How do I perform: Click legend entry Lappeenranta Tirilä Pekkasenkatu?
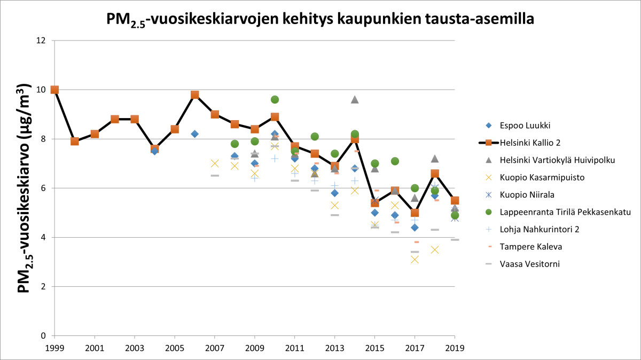click(541, 212)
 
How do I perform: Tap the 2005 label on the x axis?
click(175, 347)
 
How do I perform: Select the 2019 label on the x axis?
click(455, 347)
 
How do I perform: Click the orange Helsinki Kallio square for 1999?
click(54, 90)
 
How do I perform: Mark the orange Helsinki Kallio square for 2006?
click(195, 95)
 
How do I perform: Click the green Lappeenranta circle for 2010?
click(275, 99)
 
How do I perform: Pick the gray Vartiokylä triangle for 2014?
click(355, 99)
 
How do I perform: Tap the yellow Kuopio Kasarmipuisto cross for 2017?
click(415, 260)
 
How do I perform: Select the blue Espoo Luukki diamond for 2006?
click(195, 134)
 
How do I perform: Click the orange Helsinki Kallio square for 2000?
click(75, 142)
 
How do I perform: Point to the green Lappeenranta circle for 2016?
click(395, 161)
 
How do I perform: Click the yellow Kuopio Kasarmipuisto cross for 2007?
click(215, 163)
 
